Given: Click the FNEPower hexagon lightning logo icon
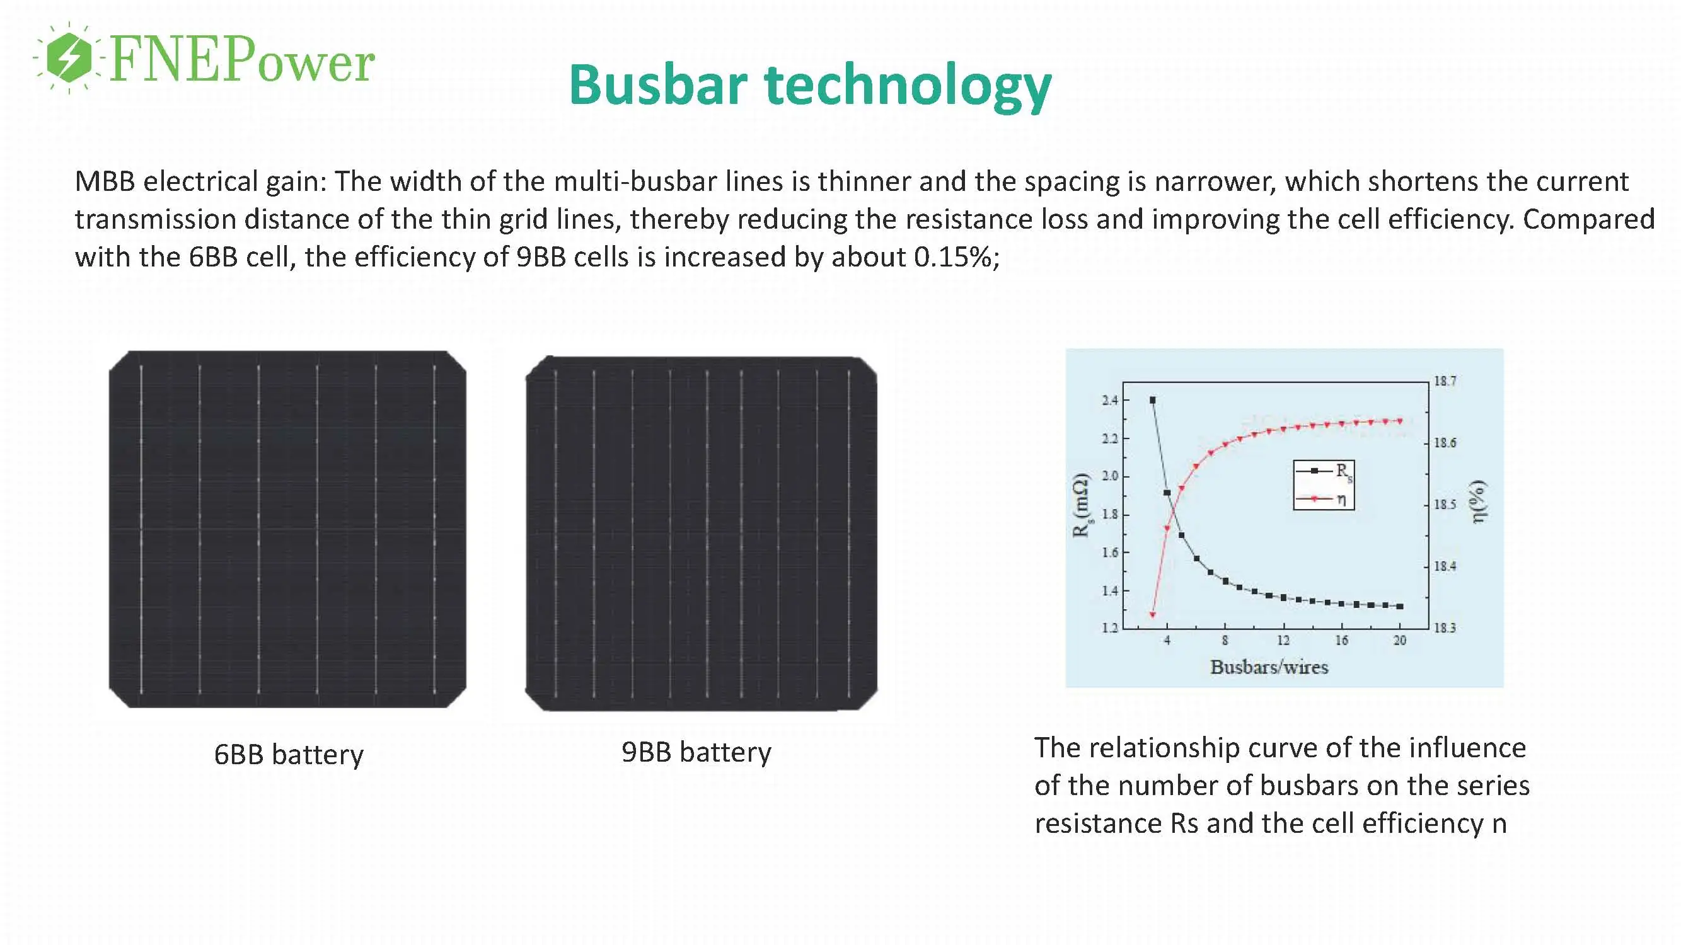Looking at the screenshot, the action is (69, 57).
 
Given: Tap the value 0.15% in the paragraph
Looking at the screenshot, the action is (952, 258).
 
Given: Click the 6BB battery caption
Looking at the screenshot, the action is (289, 755).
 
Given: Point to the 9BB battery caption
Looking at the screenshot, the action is (696, 752).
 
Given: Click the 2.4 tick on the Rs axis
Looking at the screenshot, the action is (1110, 401).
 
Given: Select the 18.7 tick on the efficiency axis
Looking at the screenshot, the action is (1444, 382).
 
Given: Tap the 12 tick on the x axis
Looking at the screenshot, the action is (1283, 641).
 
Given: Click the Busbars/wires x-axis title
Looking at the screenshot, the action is (1269, 667).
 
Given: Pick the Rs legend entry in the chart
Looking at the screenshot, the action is (1325, 471).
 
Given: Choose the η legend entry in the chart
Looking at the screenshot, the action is (1325, 499).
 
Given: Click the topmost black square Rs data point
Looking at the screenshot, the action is (1152, 401).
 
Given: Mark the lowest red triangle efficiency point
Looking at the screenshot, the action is (1152, 614).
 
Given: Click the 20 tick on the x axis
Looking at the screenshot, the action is (1399, 641).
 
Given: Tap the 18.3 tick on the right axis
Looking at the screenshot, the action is (1444, 628).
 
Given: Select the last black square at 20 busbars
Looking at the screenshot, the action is (1399, 607).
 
